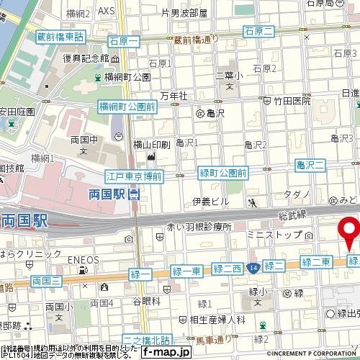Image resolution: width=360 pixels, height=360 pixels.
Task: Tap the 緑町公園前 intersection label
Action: [222, 173]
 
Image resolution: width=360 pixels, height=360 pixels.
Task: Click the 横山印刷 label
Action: [151, 145]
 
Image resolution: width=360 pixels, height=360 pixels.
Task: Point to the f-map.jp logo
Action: [165, 352]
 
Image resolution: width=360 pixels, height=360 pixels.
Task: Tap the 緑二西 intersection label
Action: [227, 269]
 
